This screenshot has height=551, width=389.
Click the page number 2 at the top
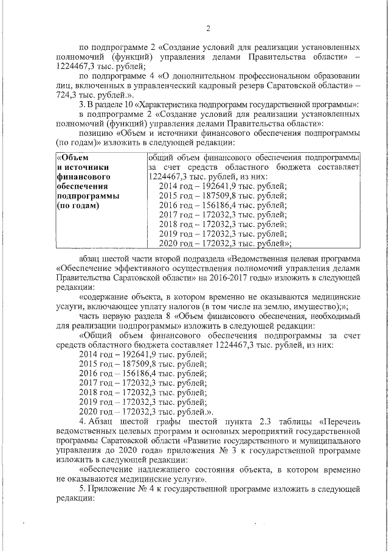(x=208, y=29)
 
